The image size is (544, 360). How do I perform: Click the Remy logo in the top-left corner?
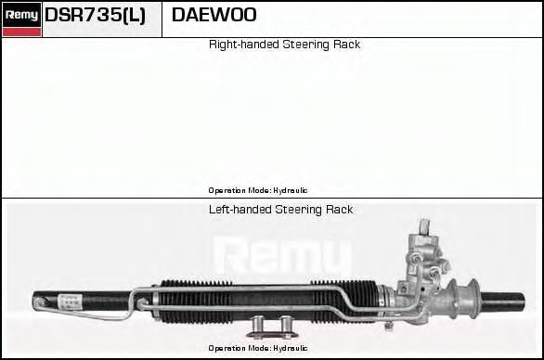21,15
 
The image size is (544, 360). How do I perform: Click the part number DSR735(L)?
96,16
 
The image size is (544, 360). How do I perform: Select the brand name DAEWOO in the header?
214,16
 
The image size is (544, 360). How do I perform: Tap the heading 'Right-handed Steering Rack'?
284,45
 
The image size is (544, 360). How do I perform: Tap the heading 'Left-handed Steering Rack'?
280,210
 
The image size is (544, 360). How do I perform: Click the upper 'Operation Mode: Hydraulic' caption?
258,190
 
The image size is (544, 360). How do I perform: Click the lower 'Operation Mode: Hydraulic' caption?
258,348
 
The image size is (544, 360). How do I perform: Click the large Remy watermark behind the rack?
283,256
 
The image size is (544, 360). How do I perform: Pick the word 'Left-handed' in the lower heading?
240,210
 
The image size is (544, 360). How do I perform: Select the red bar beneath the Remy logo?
21,32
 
